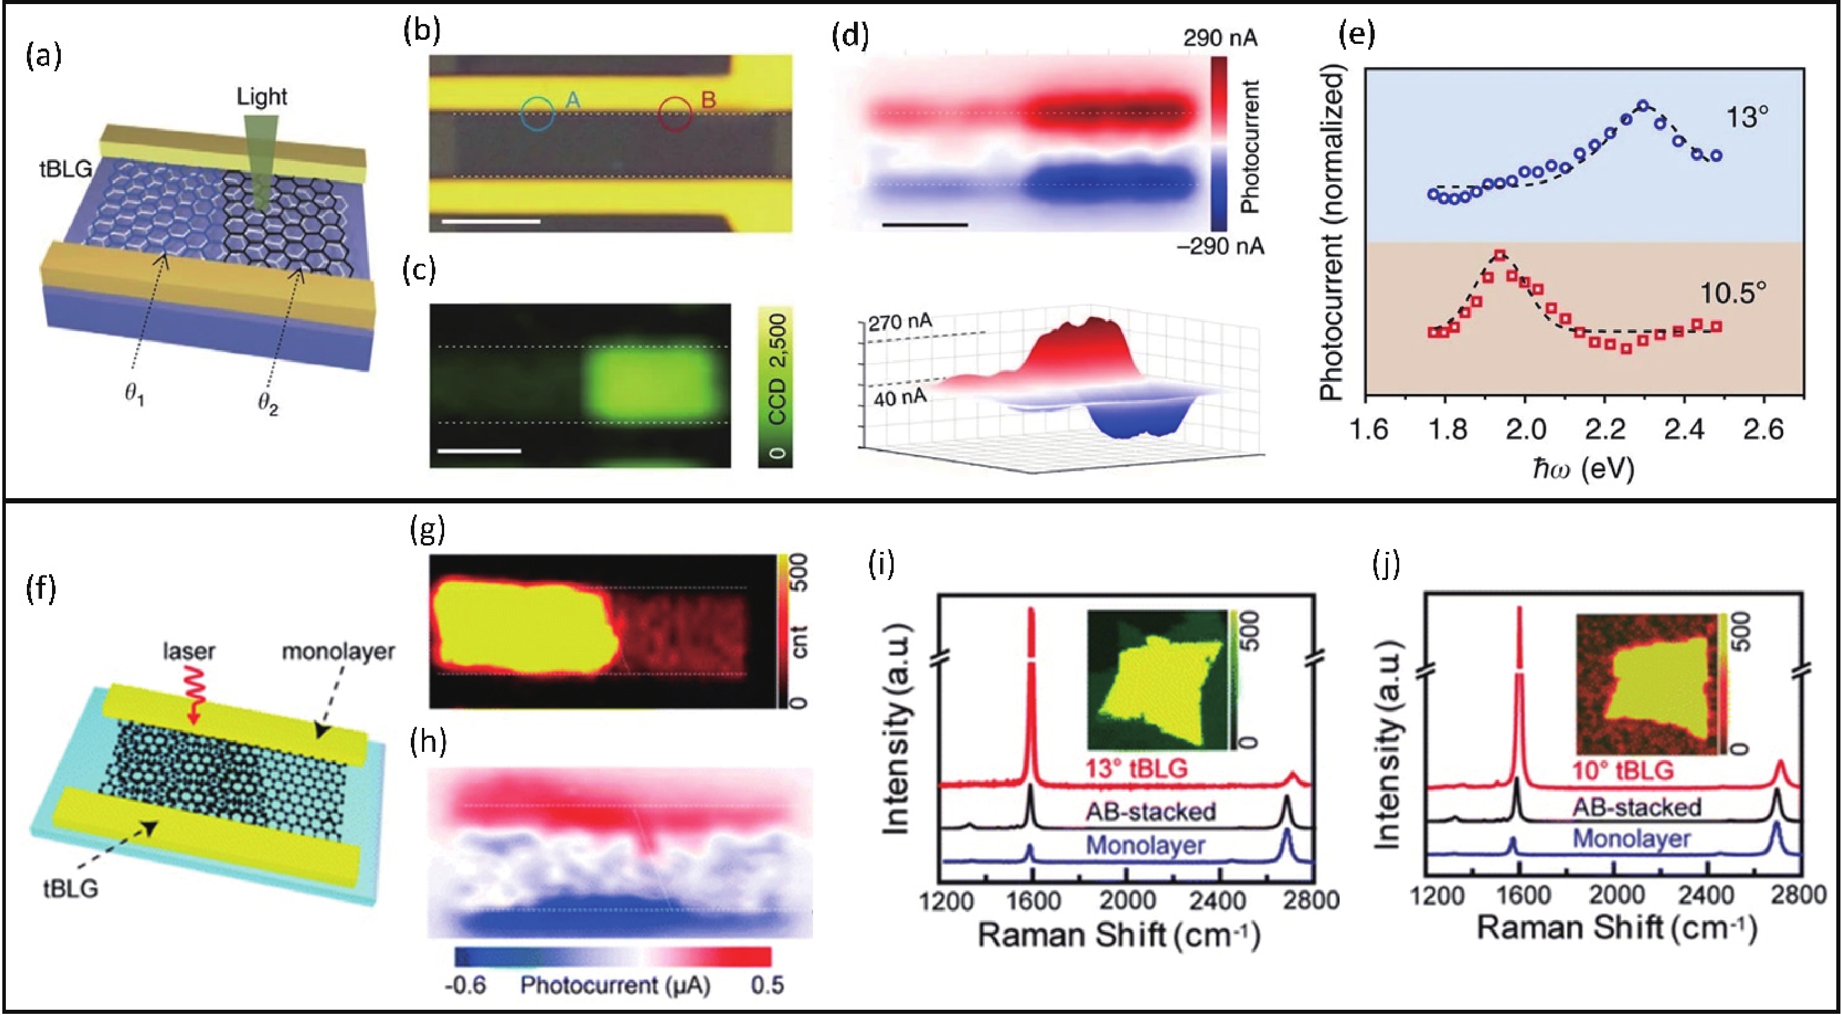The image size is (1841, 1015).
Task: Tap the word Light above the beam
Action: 262,96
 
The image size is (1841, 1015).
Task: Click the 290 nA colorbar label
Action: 1220,37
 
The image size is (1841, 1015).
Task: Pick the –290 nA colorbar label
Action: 1220,247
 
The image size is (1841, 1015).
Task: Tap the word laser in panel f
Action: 189,651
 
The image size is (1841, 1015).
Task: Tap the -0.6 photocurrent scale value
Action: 465,986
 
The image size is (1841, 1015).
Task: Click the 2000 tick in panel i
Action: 1126,900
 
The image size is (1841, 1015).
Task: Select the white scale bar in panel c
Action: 479,451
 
